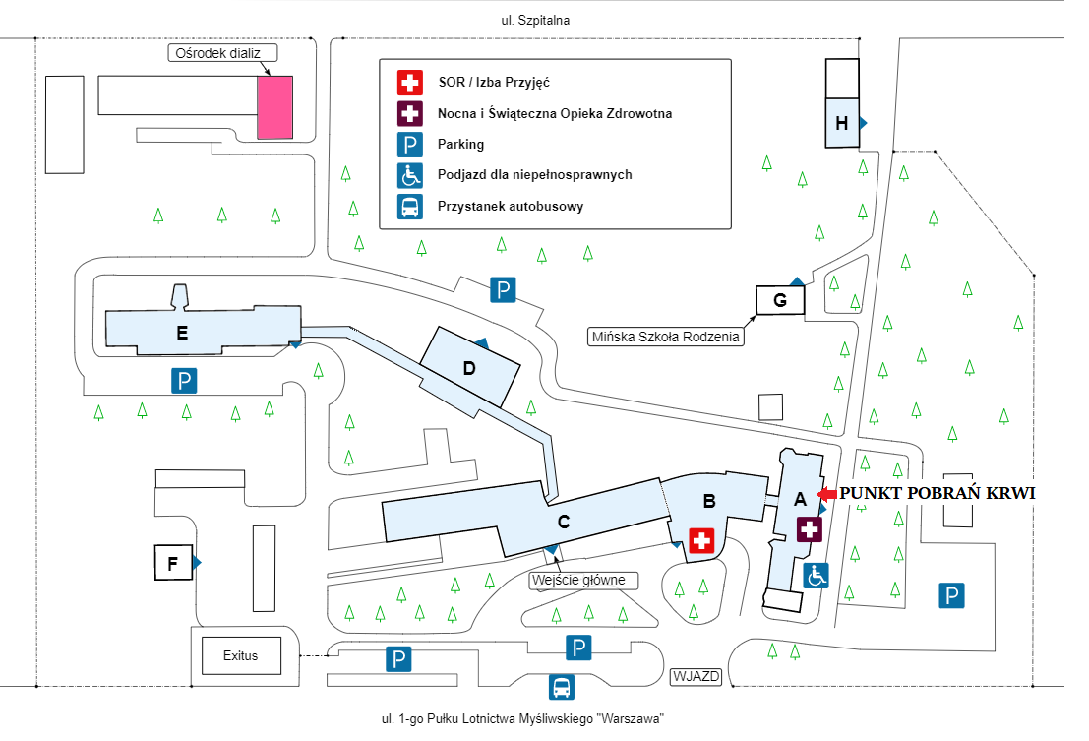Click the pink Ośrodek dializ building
(x=275, y=107)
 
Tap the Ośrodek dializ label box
(x=222, y=53)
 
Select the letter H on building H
(x=842, y=124)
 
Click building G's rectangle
(x=780, y=300)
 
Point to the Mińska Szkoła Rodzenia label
(x=665, y=337)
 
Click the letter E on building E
(x=182, y=334)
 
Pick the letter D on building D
(x=469, y=369)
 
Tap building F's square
(x=173, y=563)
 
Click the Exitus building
(x=241, y=655)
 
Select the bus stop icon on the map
(x=561, y=687)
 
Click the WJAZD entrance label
(x=696, y=676)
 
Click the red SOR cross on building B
(x=701, y=540)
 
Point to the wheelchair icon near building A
(x=817, y=576)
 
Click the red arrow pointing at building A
(x=827, y=494)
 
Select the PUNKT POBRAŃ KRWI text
(x=937, y=493)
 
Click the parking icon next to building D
(x=503, y=289)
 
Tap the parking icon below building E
(x=184, y=381)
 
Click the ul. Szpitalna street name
(x=535, y=20)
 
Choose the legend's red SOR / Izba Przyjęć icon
(x=410, y=82)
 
